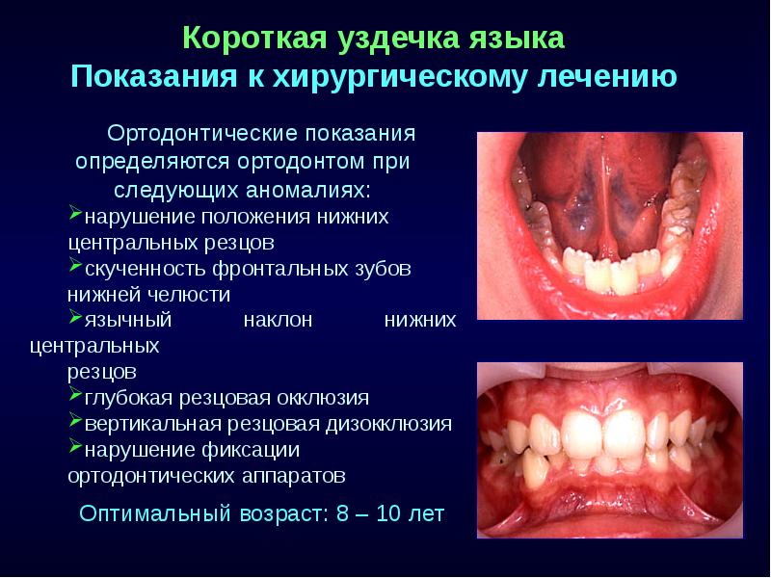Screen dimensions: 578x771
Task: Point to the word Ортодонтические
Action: tap(193, 131)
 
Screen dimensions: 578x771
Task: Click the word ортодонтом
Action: tap(320, 159)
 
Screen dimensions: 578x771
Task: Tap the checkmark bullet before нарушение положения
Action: tap(76, 213)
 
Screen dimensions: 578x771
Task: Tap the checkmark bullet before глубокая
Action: tap(76, 396)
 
